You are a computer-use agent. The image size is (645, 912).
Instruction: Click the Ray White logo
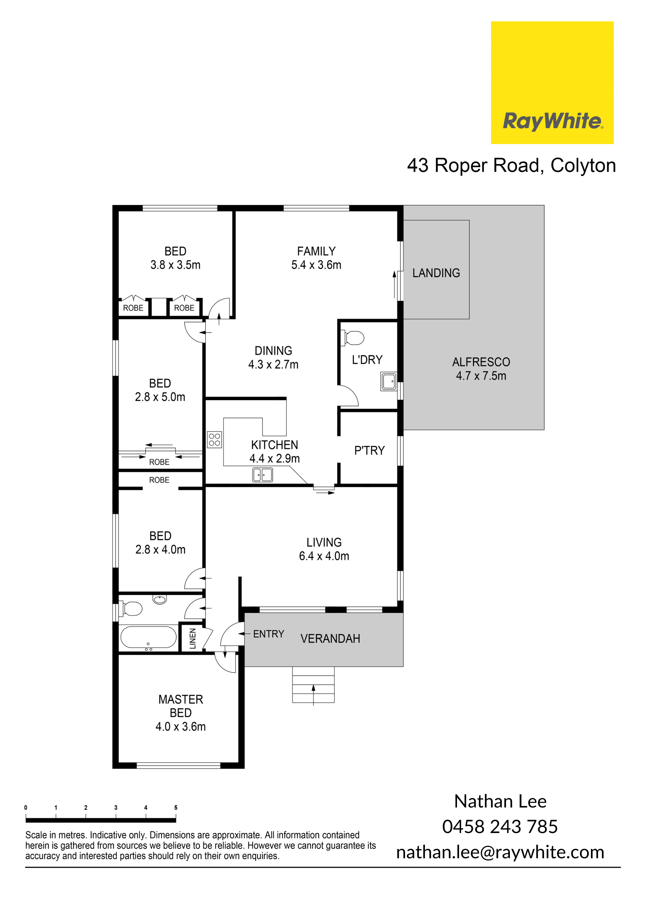pyautogui.click(x=552, y=83)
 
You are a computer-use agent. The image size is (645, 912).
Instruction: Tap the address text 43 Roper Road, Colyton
pyautogui.click(x=511, y=166)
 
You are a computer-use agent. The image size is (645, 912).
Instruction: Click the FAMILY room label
pyautogui.click(x=316, y=251)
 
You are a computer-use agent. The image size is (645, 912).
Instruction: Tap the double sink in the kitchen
pyautogui.click(x=263, y=475)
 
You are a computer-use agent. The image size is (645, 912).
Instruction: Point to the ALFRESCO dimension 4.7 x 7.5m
pyautogui.click(x=481, y=376)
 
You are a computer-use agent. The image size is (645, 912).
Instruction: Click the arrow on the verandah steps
pyautogui.click(x=313, y=695)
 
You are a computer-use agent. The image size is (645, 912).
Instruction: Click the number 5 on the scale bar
pyautogui.click(x=176, y=807)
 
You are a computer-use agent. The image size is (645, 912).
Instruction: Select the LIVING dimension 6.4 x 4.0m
pyautogui.click(x=324, y=556)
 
